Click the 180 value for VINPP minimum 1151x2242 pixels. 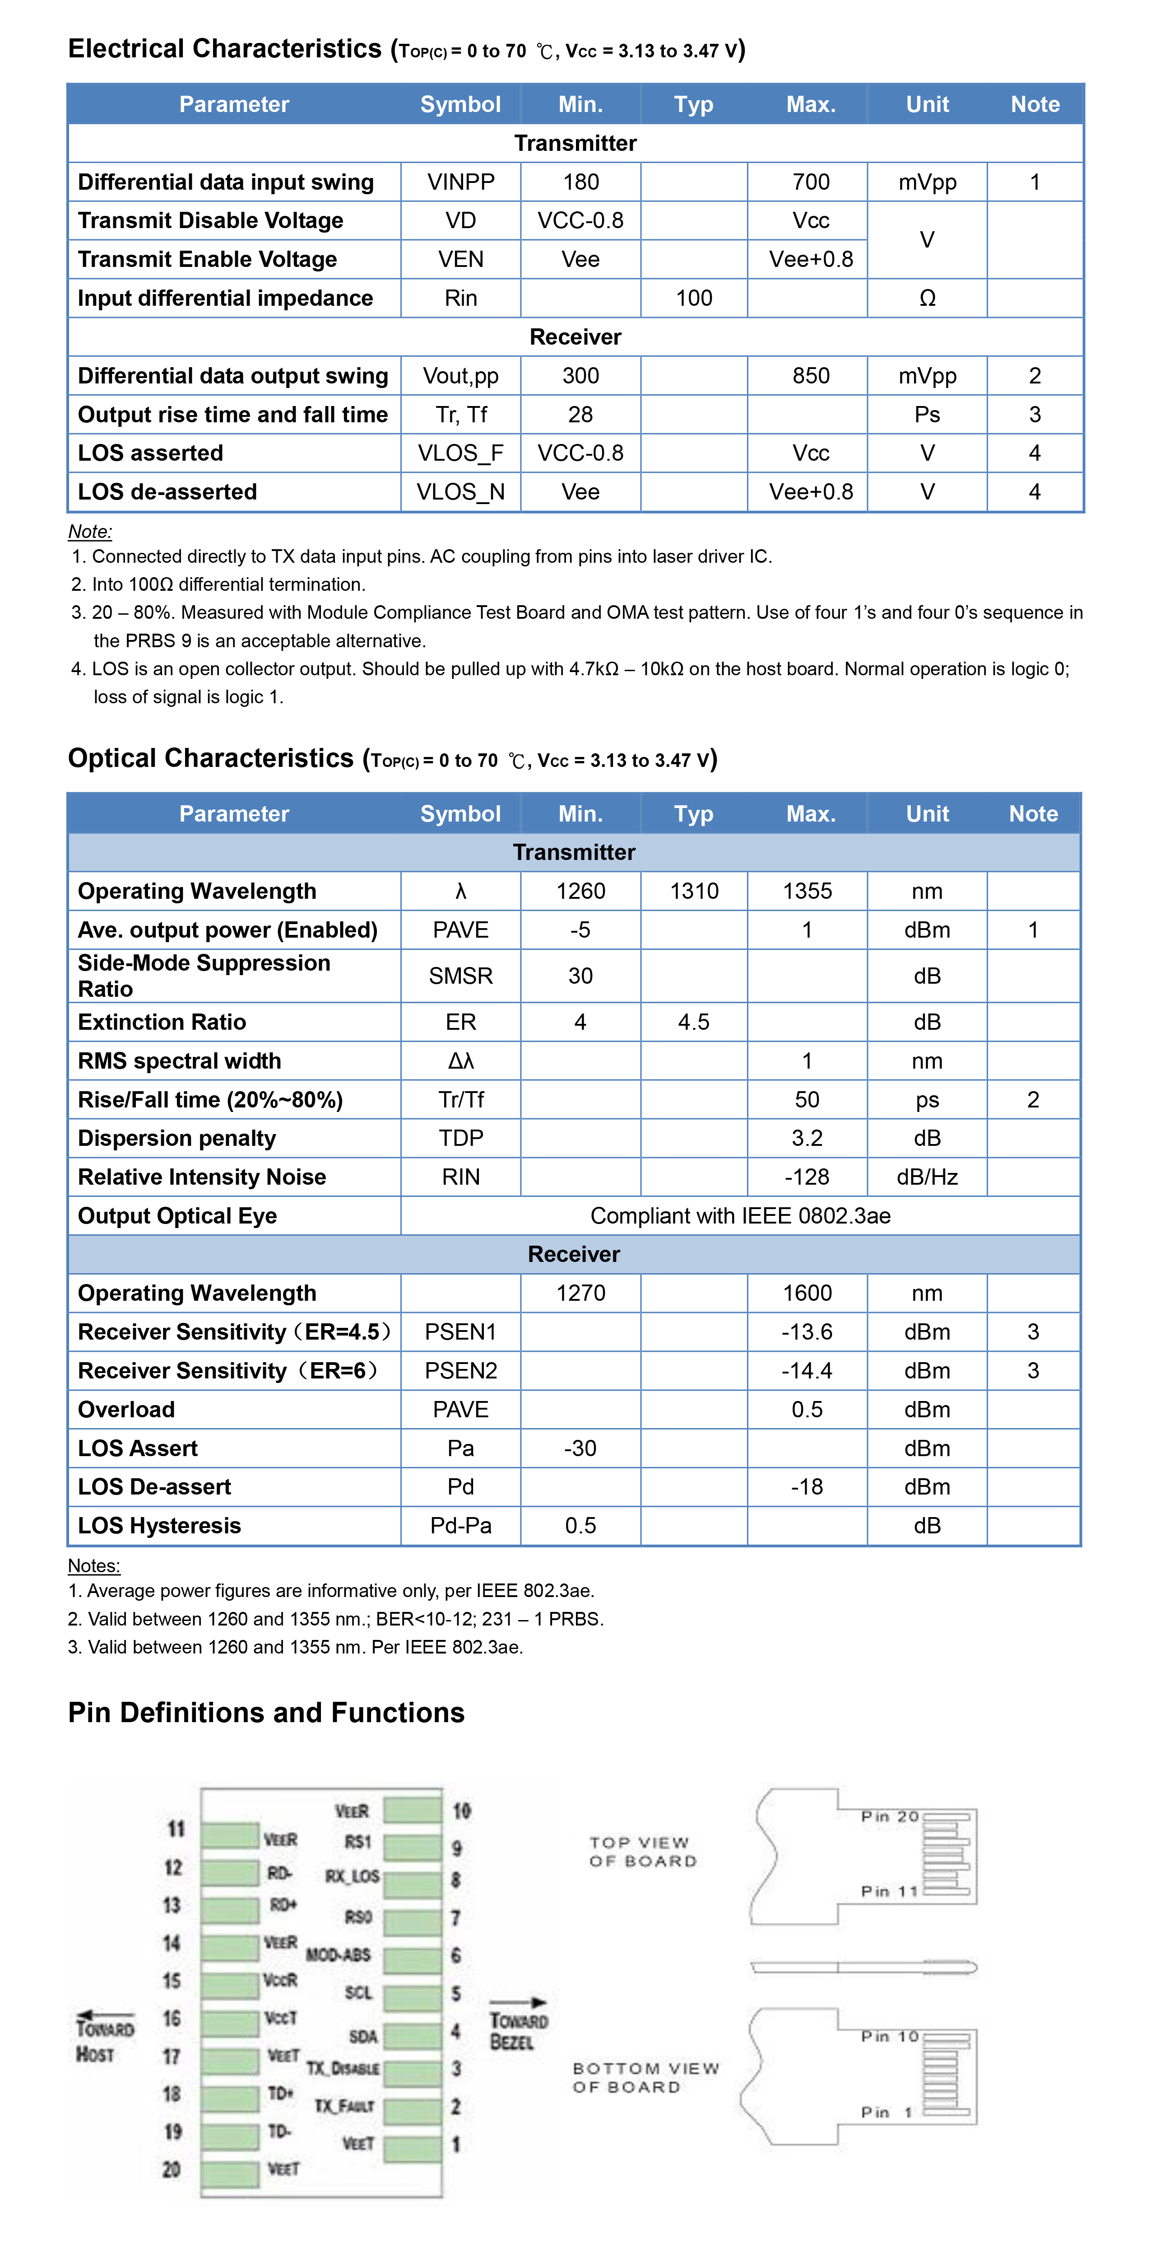pyautogui.click(x=580, y=182)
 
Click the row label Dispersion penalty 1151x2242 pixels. pyautogui.click(x=176, y=1139)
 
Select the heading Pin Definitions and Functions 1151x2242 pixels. pyautogui.click(x=266, y=1713)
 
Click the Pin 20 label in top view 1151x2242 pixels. pyautogui.click(x=889, y=1817)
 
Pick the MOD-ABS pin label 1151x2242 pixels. pyautogui.click(x=339, y=1955)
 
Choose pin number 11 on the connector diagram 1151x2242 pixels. pyautogui.click(x=176, y=1829)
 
